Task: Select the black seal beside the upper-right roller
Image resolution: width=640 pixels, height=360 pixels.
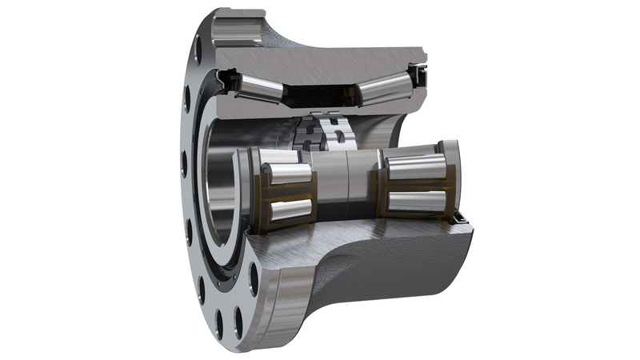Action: (x=417, y=77)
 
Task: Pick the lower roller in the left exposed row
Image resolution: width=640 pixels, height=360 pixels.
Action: (x=290, y=210)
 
